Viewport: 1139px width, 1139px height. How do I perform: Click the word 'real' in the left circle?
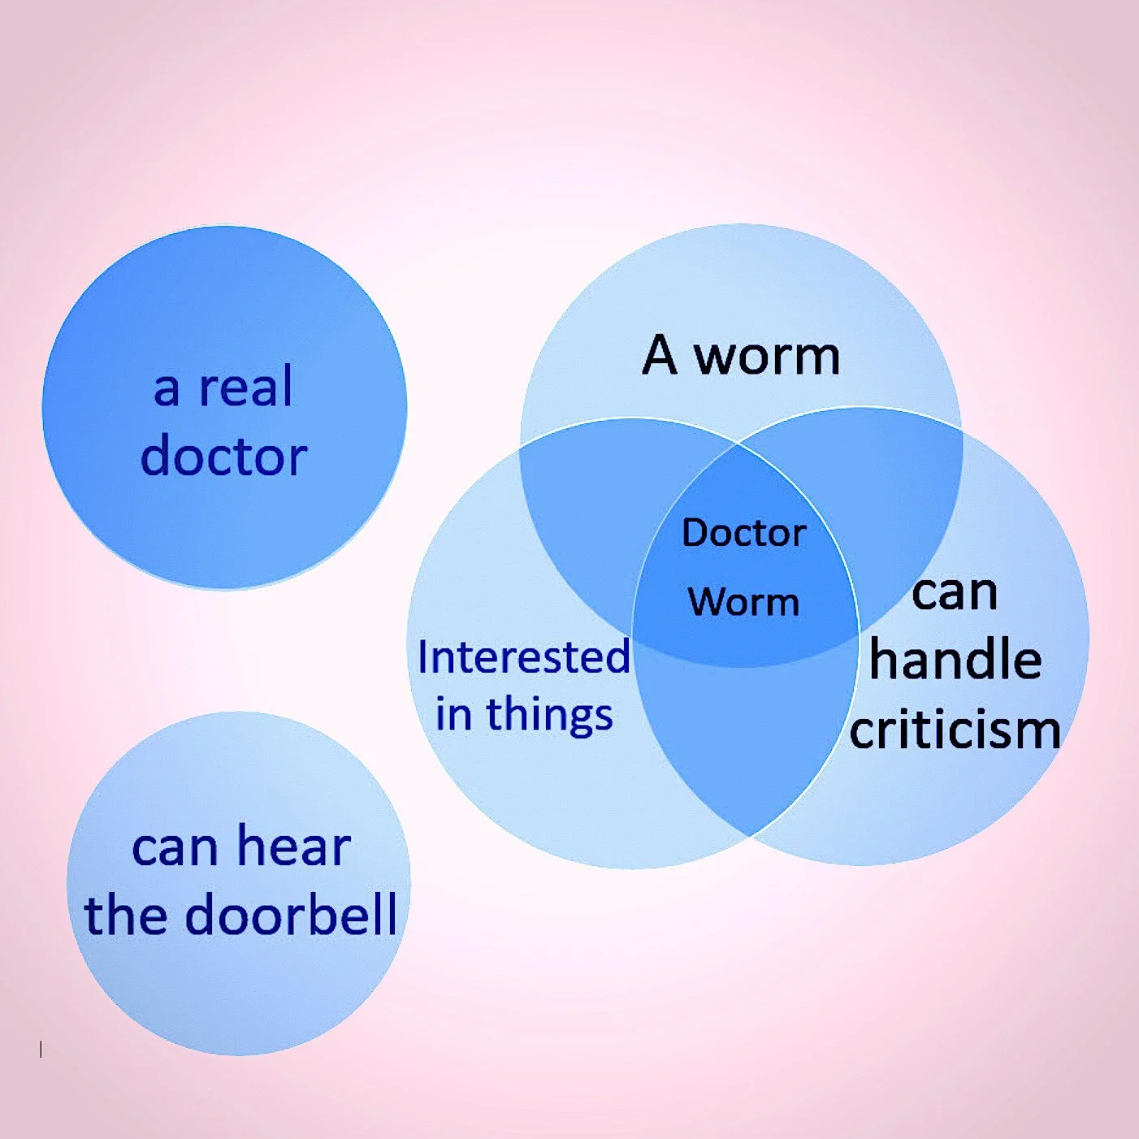tap(246, 388)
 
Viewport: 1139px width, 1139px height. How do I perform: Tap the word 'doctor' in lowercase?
tap(223, 457)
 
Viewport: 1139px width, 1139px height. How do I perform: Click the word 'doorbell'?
tap(292, 915)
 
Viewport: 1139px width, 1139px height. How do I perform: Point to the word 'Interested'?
tap(523, 657)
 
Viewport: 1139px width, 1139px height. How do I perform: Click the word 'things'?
tap(549, 716)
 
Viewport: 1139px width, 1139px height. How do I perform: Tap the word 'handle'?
tap(955, 660)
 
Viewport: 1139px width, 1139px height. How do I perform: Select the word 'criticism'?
tap(955, 730)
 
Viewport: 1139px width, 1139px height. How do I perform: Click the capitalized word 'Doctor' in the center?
tap(743, 534)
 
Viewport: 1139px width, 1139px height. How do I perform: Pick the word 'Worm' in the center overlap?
tap(743, 603)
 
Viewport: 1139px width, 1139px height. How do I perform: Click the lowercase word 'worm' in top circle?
tap(768, 356)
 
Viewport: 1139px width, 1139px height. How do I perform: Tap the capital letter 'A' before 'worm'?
tap(659, 356)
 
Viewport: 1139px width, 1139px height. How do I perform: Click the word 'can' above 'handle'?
tap(955, 593)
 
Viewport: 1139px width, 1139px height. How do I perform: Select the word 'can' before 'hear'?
tap(175, 848)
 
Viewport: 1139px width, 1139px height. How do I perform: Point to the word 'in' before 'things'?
tap(453, 716)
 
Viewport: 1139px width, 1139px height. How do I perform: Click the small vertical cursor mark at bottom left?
tap(41, 1050)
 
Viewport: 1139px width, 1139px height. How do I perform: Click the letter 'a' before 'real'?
tap(167, 389)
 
